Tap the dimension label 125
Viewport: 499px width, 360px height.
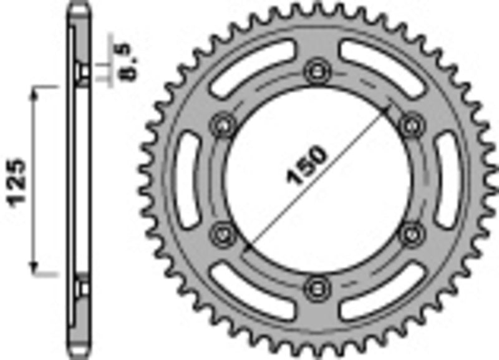coord(18,182)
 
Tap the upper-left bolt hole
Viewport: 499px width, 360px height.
coord(222,124)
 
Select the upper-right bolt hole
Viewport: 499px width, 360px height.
coord(410,124)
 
